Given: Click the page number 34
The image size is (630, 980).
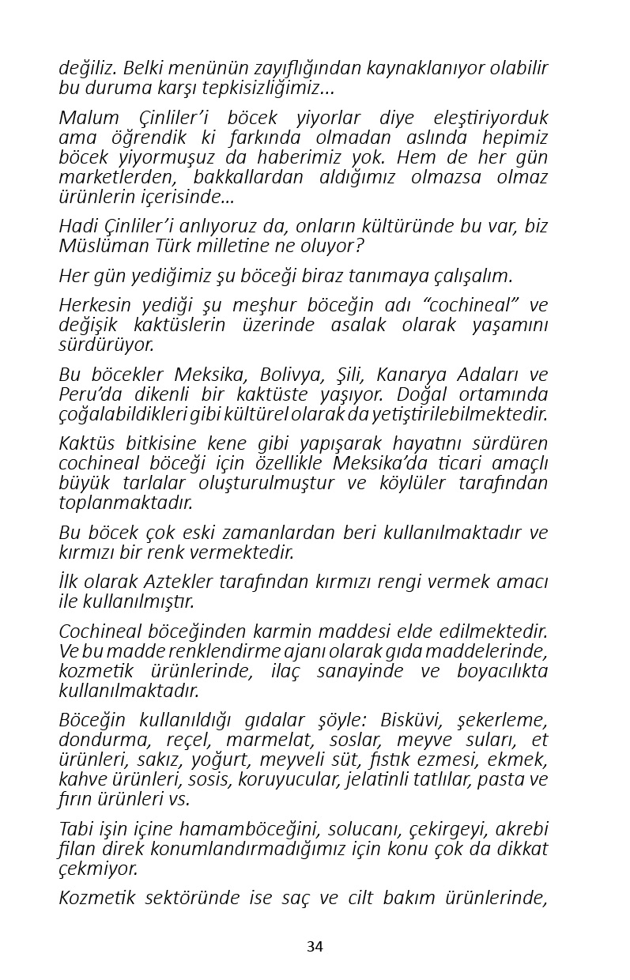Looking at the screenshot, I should pyautogui.click(x=315, y=947).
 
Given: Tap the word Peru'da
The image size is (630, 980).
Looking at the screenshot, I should pyautogui.click(x=88, y=394).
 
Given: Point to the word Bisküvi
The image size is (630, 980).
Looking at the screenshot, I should pyautogui.click(x=409, y=720).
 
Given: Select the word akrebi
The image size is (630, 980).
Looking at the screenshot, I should pyautogui.click(x=519, y=829).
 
